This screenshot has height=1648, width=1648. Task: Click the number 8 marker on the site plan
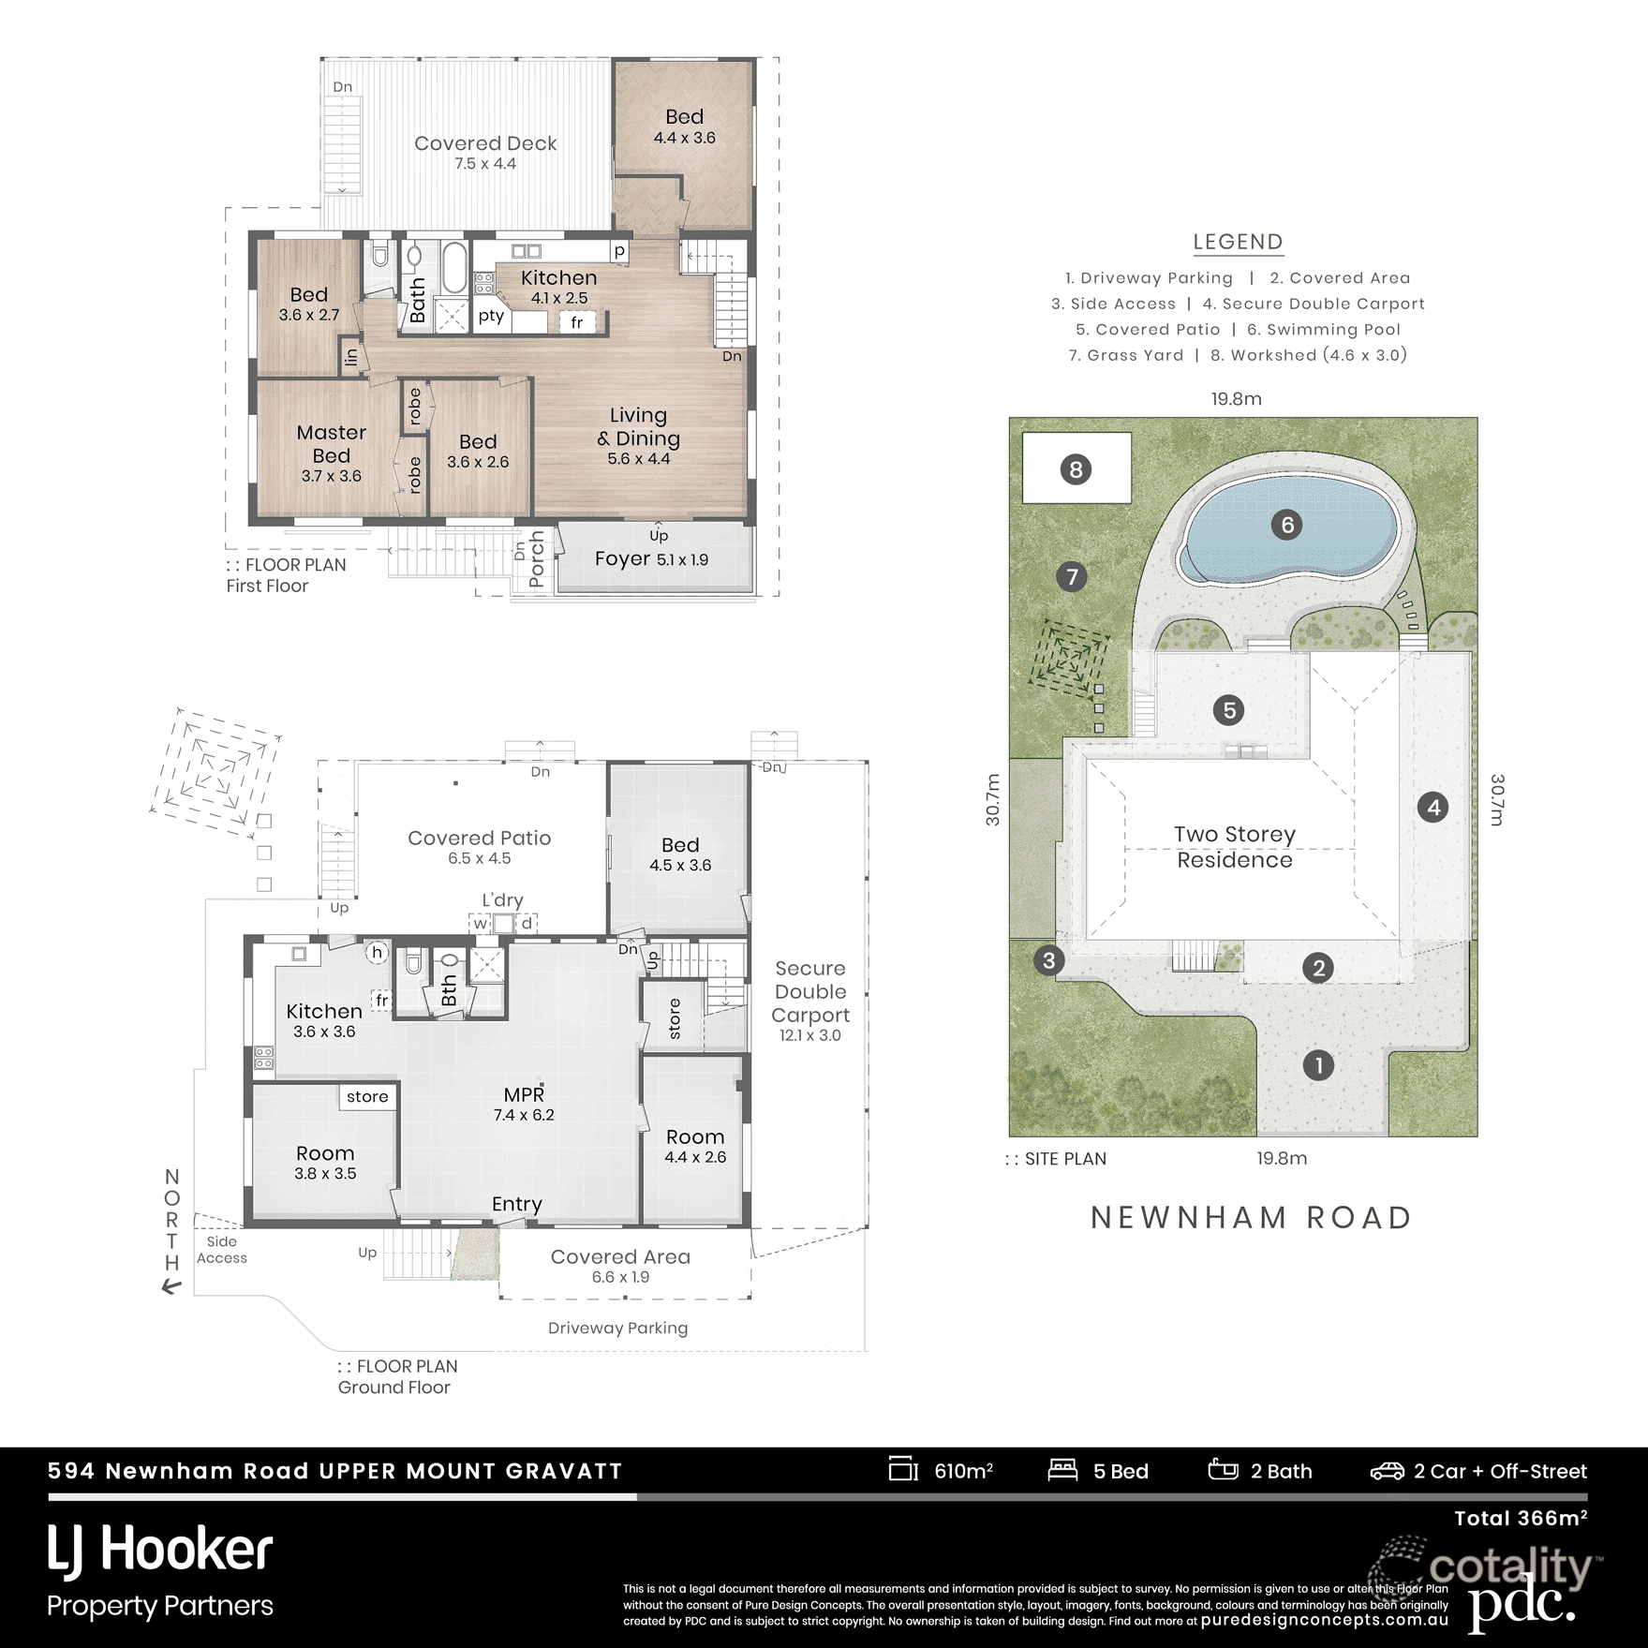click(1076, 469)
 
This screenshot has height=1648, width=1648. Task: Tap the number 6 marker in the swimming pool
click(1287, 525)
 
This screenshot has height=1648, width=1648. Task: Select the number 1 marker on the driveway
click(1318, 1065)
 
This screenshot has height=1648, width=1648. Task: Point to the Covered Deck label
click(485, 144)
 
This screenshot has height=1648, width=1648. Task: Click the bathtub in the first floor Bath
click(453, 269)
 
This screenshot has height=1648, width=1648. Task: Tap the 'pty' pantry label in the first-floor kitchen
click(491, 316)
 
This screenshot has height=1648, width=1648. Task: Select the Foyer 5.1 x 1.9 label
click(651, 559)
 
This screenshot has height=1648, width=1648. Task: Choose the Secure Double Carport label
click(810, 992)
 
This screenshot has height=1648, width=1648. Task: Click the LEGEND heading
click(1238, 242)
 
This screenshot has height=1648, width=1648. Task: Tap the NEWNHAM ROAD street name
click(1251, 1218)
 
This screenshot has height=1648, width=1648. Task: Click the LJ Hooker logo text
click(160, 1550)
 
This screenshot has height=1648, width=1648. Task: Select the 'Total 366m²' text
click(1520, 1519)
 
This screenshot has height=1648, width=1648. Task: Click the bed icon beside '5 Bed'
click(1062, 1470)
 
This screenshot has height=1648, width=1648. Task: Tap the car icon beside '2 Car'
click(1387, 1472)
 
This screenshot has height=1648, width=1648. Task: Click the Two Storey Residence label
click(1234, 847)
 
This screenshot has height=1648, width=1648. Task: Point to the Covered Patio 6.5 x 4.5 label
click(479, 839)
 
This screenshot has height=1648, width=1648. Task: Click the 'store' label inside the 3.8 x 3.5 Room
click(366, 1097)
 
